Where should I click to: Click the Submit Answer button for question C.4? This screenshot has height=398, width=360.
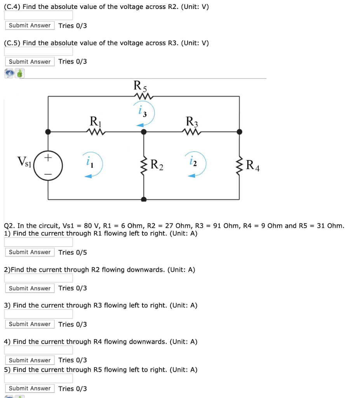point(30,26)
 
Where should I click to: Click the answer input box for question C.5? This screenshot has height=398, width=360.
point(38,51)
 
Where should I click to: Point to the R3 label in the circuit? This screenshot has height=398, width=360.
point(192,122)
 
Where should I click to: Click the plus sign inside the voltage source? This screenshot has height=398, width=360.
point(48,158)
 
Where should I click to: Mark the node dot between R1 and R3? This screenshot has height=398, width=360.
point(144,132)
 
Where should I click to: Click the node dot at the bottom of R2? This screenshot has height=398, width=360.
point(144,199)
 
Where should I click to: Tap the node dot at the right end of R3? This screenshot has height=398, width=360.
point(240,132)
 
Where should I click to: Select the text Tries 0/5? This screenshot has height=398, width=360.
point(73,253)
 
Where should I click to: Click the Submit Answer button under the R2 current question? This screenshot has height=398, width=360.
point(30,288)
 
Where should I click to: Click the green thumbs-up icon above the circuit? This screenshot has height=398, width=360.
point(20,73)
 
